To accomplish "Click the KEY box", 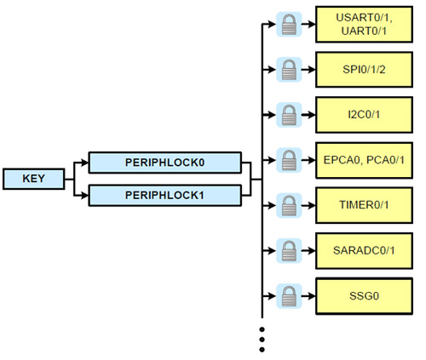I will click(32, 179).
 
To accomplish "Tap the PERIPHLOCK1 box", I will click(165, 195).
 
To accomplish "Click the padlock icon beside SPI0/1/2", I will click(288, 67).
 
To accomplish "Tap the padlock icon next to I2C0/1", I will click(288, 112).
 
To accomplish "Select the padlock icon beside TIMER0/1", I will click(288, 205).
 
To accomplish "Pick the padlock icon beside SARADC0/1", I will click(288, 250).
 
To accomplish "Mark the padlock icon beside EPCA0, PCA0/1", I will click(288, 158).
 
